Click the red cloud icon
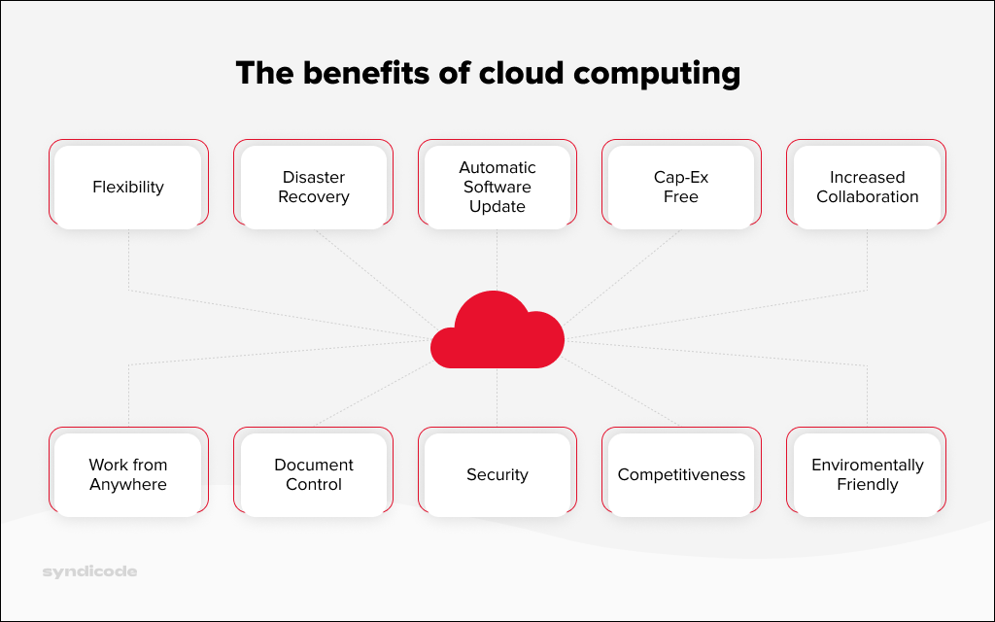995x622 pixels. point(497,332)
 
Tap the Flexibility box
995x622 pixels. point(128,187)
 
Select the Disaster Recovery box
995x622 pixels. point(313,187)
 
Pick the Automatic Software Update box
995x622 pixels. point(497,187)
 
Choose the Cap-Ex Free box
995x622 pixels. point(681,187)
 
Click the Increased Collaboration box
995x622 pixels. point(867,187)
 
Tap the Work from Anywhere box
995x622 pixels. point(128,474)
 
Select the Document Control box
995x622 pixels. point(313,474)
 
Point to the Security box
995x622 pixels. point(497,474)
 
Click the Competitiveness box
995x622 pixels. point(681,474)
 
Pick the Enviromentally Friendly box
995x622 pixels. point(867,474)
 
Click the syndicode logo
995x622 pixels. point(89,571)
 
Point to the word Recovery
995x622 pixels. point(313,196)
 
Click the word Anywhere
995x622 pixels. point(128,484)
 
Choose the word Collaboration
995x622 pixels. point(867,196)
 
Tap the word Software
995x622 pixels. point(497,187)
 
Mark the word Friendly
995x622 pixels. point(867,484)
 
